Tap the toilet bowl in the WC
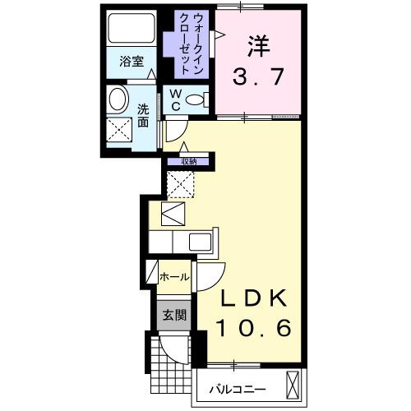click(196, 100)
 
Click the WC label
click(176, 99)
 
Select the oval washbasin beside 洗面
click(118, 101)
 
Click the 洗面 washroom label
click(142, 114)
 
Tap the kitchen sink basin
click(201, 242)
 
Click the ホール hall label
click(173, 277)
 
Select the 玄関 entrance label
click(173, 314)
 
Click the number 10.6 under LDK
click(253, 329)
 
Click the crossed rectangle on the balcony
click(293, 385)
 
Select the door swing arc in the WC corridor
click(174, 132)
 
